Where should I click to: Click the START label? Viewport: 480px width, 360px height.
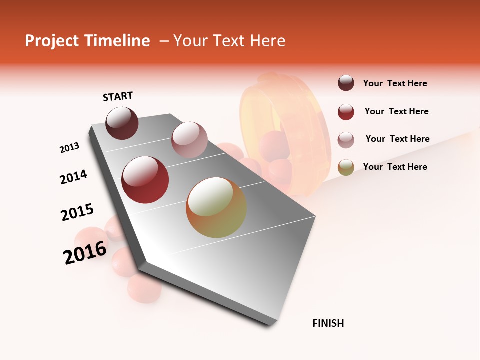118,96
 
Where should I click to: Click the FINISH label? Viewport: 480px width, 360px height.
328,323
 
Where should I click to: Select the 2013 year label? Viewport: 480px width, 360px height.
69,148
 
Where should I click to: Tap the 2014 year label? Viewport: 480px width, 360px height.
73,177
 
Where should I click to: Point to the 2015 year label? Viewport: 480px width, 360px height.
77,212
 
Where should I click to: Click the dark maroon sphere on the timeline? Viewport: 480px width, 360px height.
122,123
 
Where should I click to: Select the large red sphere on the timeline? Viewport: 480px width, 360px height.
145,180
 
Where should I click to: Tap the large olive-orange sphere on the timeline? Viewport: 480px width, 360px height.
216,207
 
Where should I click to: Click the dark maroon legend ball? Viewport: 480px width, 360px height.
346,83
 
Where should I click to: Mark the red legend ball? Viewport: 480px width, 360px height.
346,112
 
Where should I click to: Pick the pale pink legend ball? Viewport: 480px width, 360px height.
346,139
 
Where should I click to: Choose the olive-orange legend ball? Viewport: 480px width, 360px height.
346,167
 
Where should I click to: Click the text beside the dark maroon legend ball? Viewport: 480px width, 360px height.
395,84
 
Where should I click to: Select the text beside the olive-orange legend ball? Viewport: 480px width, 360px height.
395,167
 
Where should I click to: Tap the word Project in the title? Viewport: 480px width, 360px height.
52,41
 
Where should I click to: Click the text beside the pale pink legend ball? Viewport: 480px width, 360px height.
397,139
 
